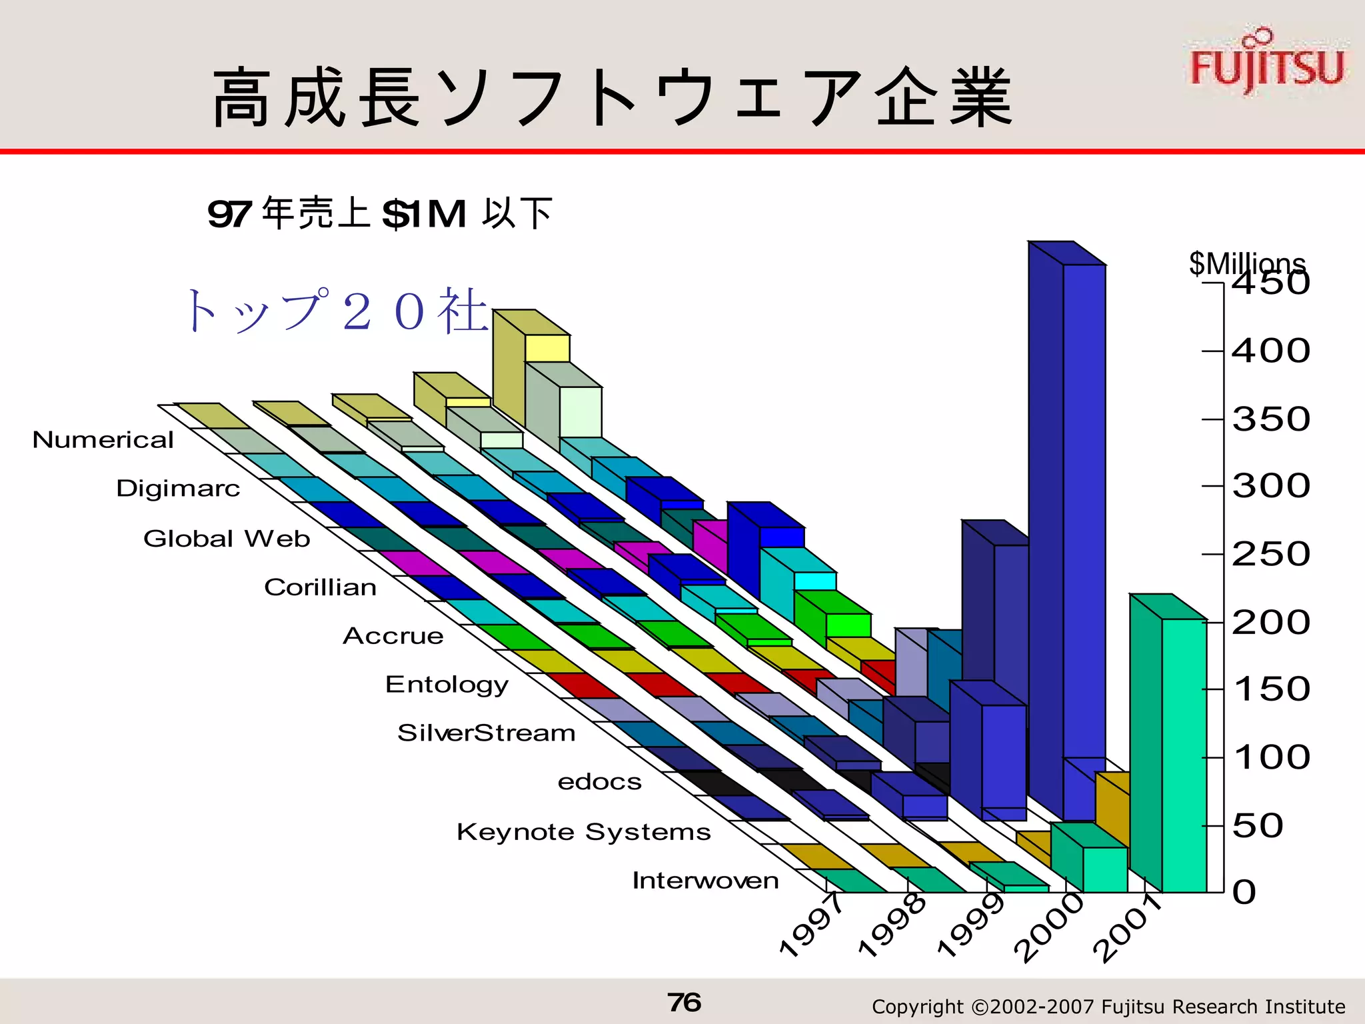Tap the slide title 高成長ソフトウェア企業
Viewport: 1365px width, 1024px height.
pos(612,99)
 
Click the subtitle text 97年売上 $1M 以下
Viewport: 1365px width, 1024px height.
pos(380,214)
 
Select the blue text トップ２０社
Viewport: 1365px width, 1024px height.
pos(337,311)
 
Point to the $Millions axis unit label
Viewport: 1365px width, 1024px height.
pos(1246,263)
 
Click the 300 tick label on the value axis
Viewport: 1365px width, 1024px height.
pos(1270,486)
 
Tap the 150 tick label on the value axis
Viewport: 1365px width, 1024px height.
pos(1270,689)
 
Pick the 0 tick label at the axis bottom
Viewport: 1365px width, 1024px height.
pos(1244,892)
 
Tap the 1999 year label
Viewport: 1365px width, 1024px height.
pos(970,925)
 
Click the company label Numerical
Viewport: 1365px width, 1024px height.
pos(103,440)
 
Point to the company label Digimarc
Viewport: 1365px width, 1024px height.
pos(178,489)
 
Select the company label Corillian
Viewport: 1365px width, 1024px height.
pos(320,587)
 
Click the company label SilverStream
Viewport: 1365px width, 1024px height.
pos(486,733)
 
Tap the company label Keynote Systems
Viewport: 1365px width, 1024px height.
pos(583,832)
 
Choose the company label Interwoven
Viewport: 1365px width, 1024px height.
pos(705,881)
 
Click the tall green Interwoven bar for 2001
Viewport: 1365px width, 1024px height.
pos(1184,753)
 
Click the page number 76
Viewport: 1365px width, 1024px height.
pos(684,1002)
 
